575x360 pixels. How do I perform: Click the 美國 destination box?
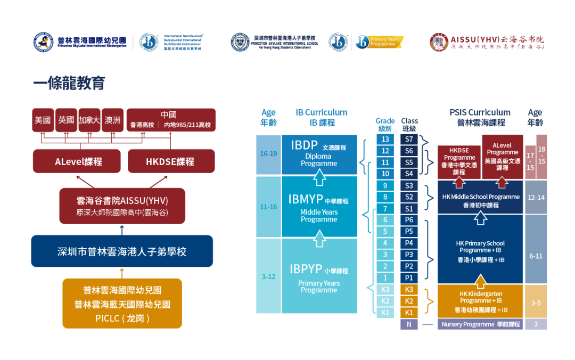43,120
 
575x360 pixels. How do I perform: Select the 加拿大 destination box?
89,120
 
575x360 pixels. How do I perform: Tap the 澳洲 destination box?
112,120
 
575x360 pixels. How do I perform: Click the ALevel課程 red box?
78,161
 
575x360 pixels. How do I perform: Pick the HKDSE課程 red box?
170,161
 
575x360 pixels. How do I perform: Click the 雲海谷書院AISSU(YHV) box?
122,206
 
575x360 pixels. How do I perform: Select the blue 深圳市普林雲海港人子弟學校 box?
122,251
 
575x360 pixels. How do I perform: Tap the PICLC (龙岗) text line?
122,318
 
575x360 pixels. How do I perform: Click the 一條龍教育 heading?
69,83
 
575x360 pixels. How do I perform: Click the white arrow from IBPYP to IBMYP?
319,238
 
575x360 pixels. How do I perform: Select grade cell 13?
385,139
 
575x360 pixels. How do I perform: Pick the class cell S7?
409,139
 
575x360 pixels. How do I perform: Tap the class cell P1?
409,277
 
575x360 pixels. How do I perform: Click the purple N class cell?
409,324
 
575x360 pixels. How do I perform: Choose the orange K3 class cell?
409,289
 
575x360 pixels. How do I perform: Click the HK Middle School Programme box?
480,198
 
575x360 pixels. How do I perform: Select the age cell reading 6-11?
536,256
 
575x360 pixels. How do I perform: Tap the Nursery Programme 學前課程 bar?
480,324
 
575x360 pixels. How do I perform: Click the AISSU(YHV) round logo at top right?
439,42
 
